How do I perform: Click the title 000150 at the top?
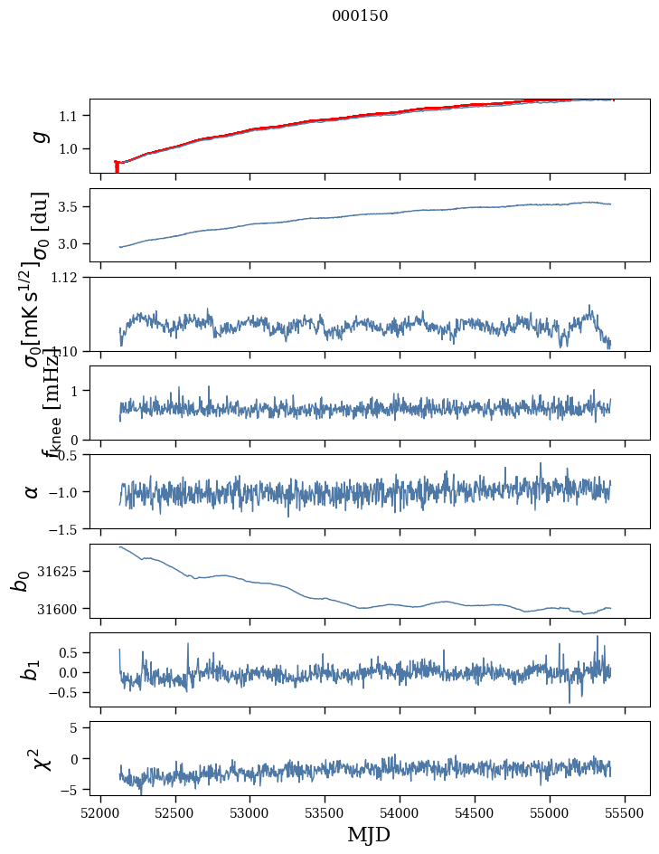pos(360,16)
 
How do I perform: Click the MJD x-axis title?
pos(369,835)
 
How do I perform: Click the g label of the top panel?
pos(38,136)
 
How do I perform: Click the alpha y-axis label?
pos(33,491)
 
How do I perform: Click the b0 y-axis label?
pos(21,581)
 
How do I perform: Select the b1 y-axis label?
pos(32,669)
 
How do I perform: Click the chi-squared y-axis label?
pos(41,758)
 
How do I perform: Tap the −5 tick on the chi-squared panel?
pos(75,790)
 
